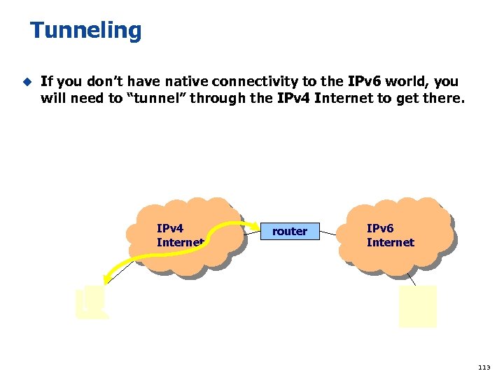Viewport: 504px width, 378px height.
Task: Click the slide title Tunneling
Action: coord(85,31)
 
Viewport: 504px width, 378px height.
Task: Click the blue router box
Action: coord(290,231)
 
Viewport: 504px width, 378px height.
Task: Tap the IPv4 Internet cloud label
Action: coord(179,236)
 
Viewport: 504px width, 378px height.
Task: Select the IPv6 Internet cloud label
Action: coord(390,236)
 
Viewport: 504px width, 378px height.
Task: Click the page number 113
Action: coord(484,367)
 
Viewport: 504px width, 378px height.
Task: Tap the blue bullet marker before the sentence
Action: coord(27,81)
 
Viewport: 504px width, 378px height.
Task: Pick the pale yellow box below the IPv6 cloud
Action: coord(417,307)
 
